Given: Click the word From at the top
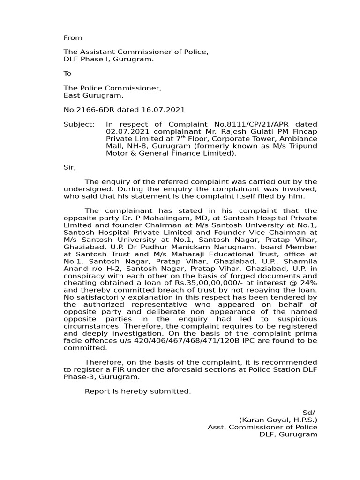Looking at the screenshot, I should [x=73, y=38].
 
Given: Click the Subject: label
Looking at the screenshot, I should [x=79, y=124].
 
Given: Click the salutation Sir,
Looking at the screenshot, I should [x=69, y=167].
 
